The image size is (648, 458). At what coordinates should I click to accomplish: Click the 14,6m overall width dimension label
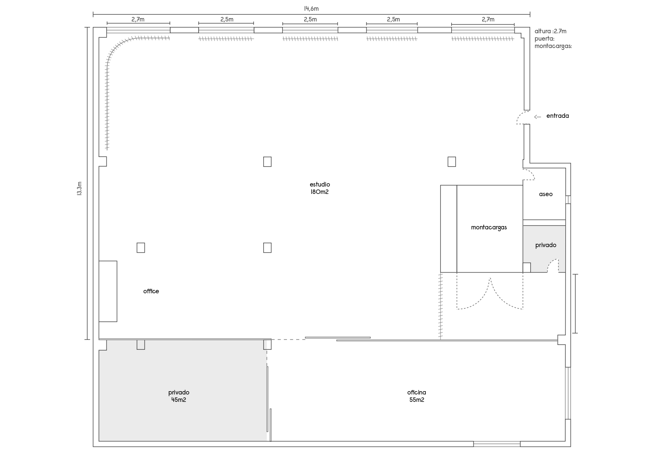tap(311, 9)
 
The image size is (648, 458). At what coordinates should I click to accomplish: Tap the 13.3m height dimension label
tap(79, 188)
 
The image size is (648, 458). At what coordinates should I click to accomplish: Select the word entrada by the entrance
tap(558, 116)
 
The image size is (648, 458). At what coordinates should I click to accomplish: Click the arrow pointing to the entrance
tap(538, 117)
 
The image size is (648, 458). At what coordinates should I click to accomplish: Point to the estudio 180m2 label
tap(320, 188)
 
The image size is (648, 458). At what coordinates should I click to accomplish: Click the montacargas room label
tap(489, 228)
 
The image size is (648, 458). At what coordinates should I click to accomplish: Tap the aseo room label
tap(546, 194)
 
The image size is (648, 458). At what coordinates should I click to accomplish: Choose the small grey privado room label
tap(546, 245)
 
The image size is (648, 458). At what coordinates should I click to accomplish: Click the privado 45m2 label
tap(179, 396)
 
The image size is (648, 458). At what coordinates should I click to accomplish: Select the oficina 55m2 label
tap(416, 396)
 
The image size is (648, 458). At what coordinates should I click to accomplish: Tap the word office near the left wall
tap(151, 291)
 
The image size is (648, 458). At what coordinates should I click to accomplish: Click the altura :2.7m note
tap(551, 31)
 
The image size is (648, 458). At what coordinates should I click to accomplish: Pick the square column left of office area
tap(141, 247)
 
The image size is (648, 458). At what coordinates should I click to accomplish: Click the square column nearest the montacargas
tap(452, 162)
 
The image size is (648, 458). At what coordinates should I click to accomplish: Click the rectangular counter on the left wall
tap(108, 291)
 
